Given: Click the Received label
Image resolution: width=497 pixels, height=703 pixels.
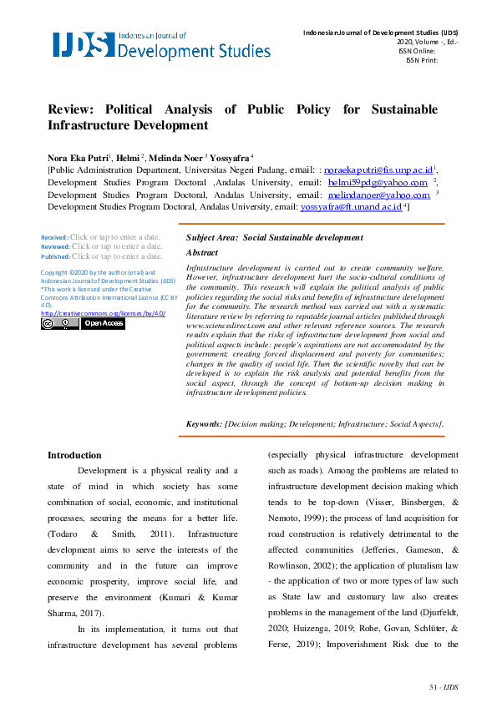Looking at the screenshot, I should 54,237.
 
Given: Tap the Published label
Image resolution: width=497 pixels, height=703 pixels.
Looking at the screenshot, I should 55,256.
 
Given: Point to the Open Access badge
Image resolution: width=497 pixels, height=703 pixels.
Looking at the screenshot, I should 102,324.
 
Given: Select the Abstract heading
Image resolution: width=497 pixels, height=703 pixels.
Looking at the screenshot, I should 201,252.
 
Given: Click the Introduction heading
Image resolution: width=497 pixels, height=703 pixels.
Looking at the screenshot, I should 74,455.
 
